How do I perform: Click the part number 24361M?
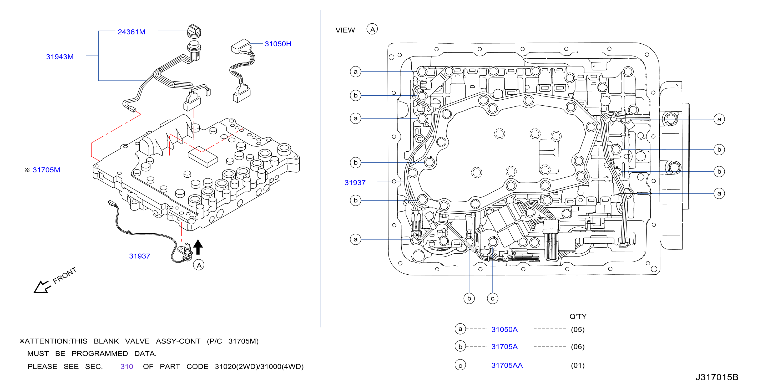132,32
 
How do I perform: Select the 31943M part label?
60,57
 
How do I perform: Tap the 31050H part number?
278,44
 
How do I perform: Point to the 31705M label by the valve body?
46,170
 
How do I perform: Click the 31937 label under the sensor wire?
139,256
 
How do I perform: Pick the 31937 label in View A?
355,183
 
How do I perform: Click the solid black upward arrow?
198,247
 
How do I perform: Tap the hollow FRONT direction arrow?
42,287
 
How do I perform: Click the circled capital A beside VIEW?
372,29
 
